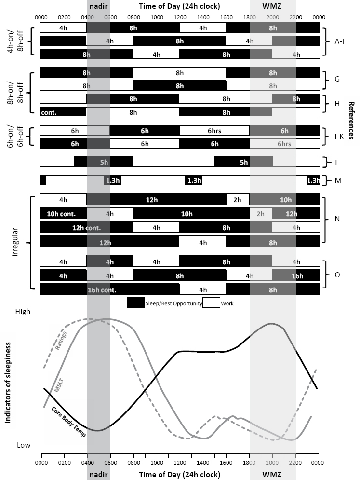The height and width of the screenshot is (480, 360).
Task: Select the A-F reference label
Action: tap(340, 41)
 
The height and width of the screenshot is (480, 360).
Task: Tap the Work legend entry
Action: tap(227, 303)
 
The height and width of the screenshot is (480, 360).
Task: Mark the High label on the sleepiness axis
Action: tap(23, 312)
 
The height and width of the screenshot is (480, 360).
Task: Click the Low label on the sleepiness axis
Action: tap(24, 445)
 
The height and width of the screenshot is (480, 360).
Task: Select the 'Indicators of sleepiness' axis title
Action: tap(8, 384)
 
